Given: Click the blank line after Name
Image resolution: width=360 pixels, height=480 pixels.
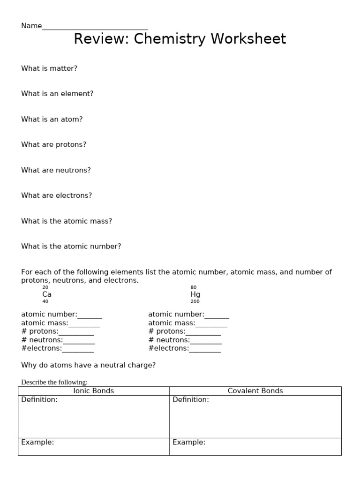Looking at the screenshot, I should coord(95,27).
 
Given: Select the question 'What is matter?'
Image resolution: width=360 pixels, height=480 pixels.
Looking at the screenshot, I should coord(49,68).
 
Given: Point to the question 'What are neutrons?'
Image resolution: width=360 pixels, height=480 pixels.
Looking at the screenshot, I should coord(56,170).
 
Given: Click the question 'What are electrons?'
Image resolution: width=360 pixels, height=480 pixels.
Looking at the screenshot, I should coord(56,195).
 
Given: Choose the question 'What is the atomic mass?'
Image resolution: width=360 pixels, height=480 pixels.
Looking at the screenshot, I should coord(67,221).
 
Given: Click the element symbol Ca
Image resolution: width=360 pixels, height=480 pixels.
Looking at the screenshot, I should coord(47,294).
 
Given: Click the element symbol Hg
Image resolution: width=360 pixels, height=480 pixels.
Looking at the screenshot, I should coord(195,294).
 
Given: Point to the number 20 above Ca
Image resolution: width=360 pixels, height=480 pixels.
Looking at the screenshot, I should coord(45,287).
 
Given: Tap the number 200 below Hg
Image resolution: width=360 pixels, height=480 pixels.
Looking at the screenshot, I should coord(195,302).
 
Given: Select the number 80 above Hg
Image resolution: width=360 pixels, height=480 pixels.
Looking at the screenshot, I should coord(194,287).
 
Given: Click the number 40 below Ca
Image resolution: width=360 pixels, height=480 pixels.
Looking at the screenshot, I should coord(45,302).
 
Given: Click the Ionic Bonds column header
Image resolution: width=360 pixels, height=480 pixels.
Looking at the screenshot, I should coord(94,391).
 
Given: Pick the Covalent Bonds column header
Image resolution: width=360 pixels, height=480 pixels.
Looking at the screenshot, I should coord(255,391).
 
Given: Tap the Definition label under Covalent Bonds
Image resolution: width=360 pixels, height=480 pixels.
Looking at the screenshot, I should coord(191,400).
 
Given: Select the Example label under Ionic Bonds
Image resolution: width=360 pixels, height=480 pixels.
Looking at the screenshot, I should coord(37,442).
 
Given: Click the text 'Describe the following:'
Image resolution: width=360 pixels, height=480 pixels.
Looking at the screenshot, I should coord(54,382).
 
